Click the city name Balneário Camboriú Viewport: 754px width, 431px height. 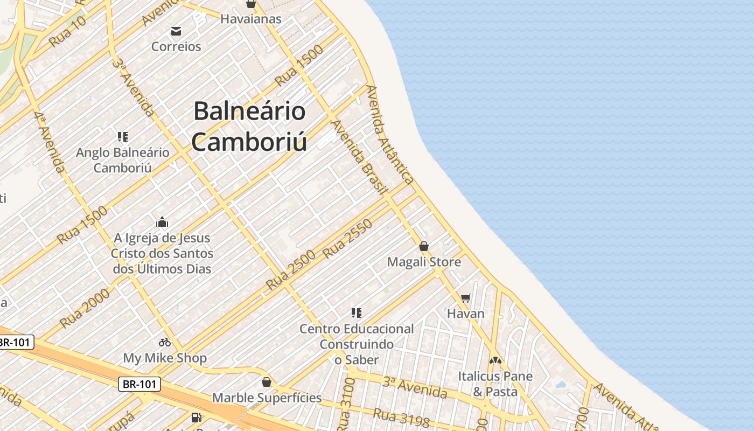[x=250, y=127]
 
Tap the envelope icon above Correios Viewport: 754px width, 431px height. [x=176, y=31]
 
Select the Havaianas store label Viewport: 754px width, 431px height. [x=251, y=19]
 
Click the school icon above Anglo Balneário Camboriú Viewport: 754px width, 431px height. [x=123, y=137]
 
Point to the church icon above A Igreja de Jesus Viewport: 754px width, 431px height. [x=162, y=222]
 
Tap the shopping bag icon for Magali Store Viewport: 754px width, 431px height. [x=424, y=246]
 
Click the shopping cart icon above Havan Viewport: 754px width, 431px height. [x=466, y=298]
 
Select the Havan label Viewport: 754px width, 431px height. [x=466, y=314]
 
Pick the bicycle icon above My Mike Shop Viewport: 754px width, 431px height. [x=165, y=342]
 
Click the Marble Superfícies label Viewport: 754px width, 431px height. [x=267, y=398]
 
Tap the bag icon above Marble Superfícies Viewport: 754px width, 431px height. [x=266, y=382]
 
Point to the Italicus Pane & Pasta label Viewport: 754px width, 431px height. [x=495, y=384]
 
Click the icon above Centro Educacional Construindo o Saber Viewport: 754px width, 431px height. [x=356, y=312]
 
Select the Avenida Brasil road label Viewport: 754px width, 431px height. [x=359, y=157]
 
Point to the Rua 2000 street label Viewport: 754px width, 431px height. [x=85, y=308]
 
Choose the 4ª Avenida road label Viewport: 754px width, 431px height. [x=50, y=142]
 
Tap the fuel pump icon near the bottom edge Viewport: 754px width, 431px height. [x=197, y=417]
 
